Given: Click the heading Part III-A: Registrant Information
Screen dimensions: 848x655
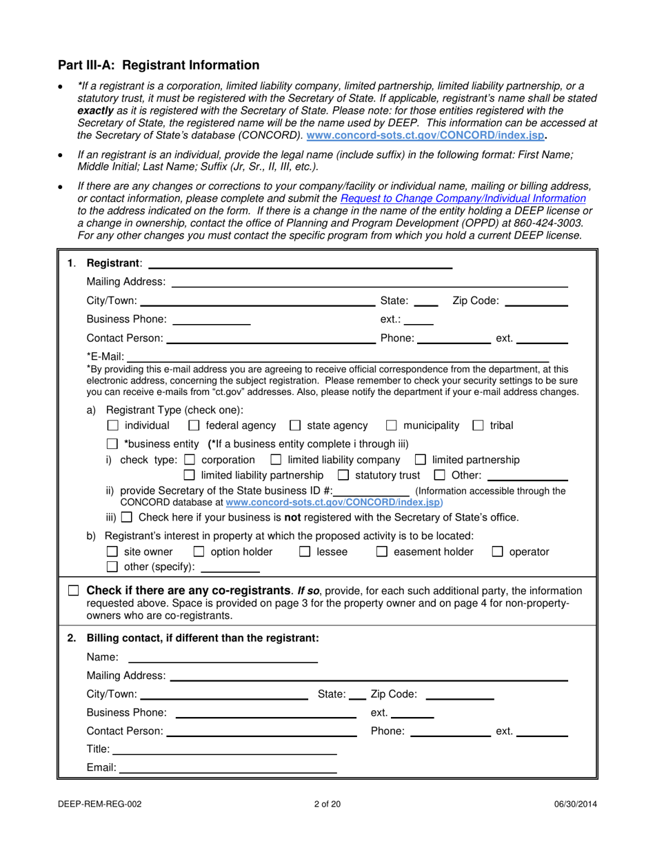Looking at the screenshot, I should point(159,65).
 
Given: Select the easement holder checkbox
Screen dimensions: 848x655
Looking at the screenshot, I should point(383,552).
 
